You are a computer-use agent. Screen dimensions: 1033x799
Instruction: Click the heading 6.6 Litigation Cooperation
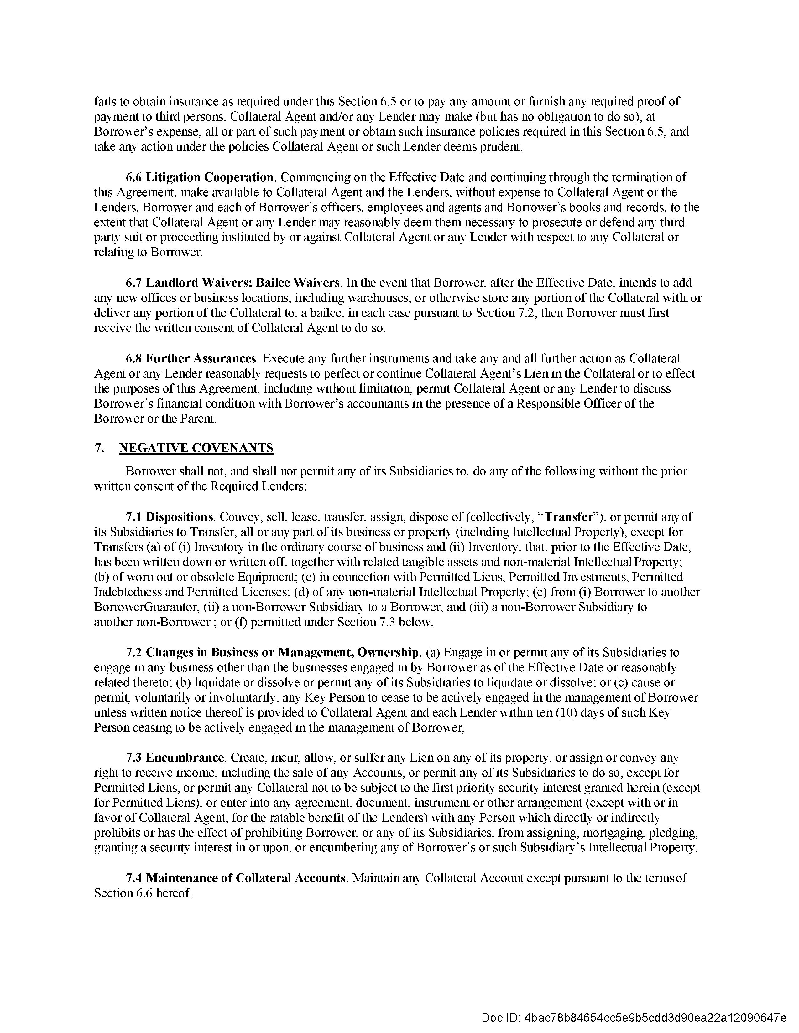200,177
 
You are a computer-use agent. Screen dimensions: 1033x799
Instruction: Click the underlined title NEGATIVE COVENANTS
196,448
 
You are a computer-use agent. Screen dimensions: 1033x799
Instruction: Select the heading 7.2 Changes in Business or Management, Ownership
272,652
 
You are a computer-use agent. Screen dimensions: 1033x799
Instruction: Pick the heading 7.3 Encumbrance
175,758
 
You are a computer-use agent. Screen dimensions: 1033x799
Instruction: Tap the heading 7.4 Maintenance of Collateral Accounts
236,878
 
